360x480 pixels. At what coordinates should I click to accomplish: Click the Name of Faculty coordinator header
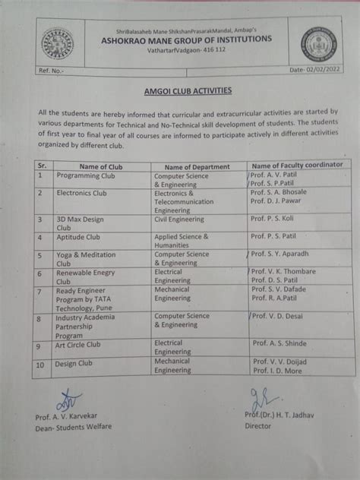pos(297,164)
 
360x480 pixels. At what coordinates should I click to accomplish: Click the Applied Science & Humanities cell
pos(186,242)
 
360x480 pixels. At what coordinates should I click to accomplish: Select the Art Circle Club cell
pos(81,345)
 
